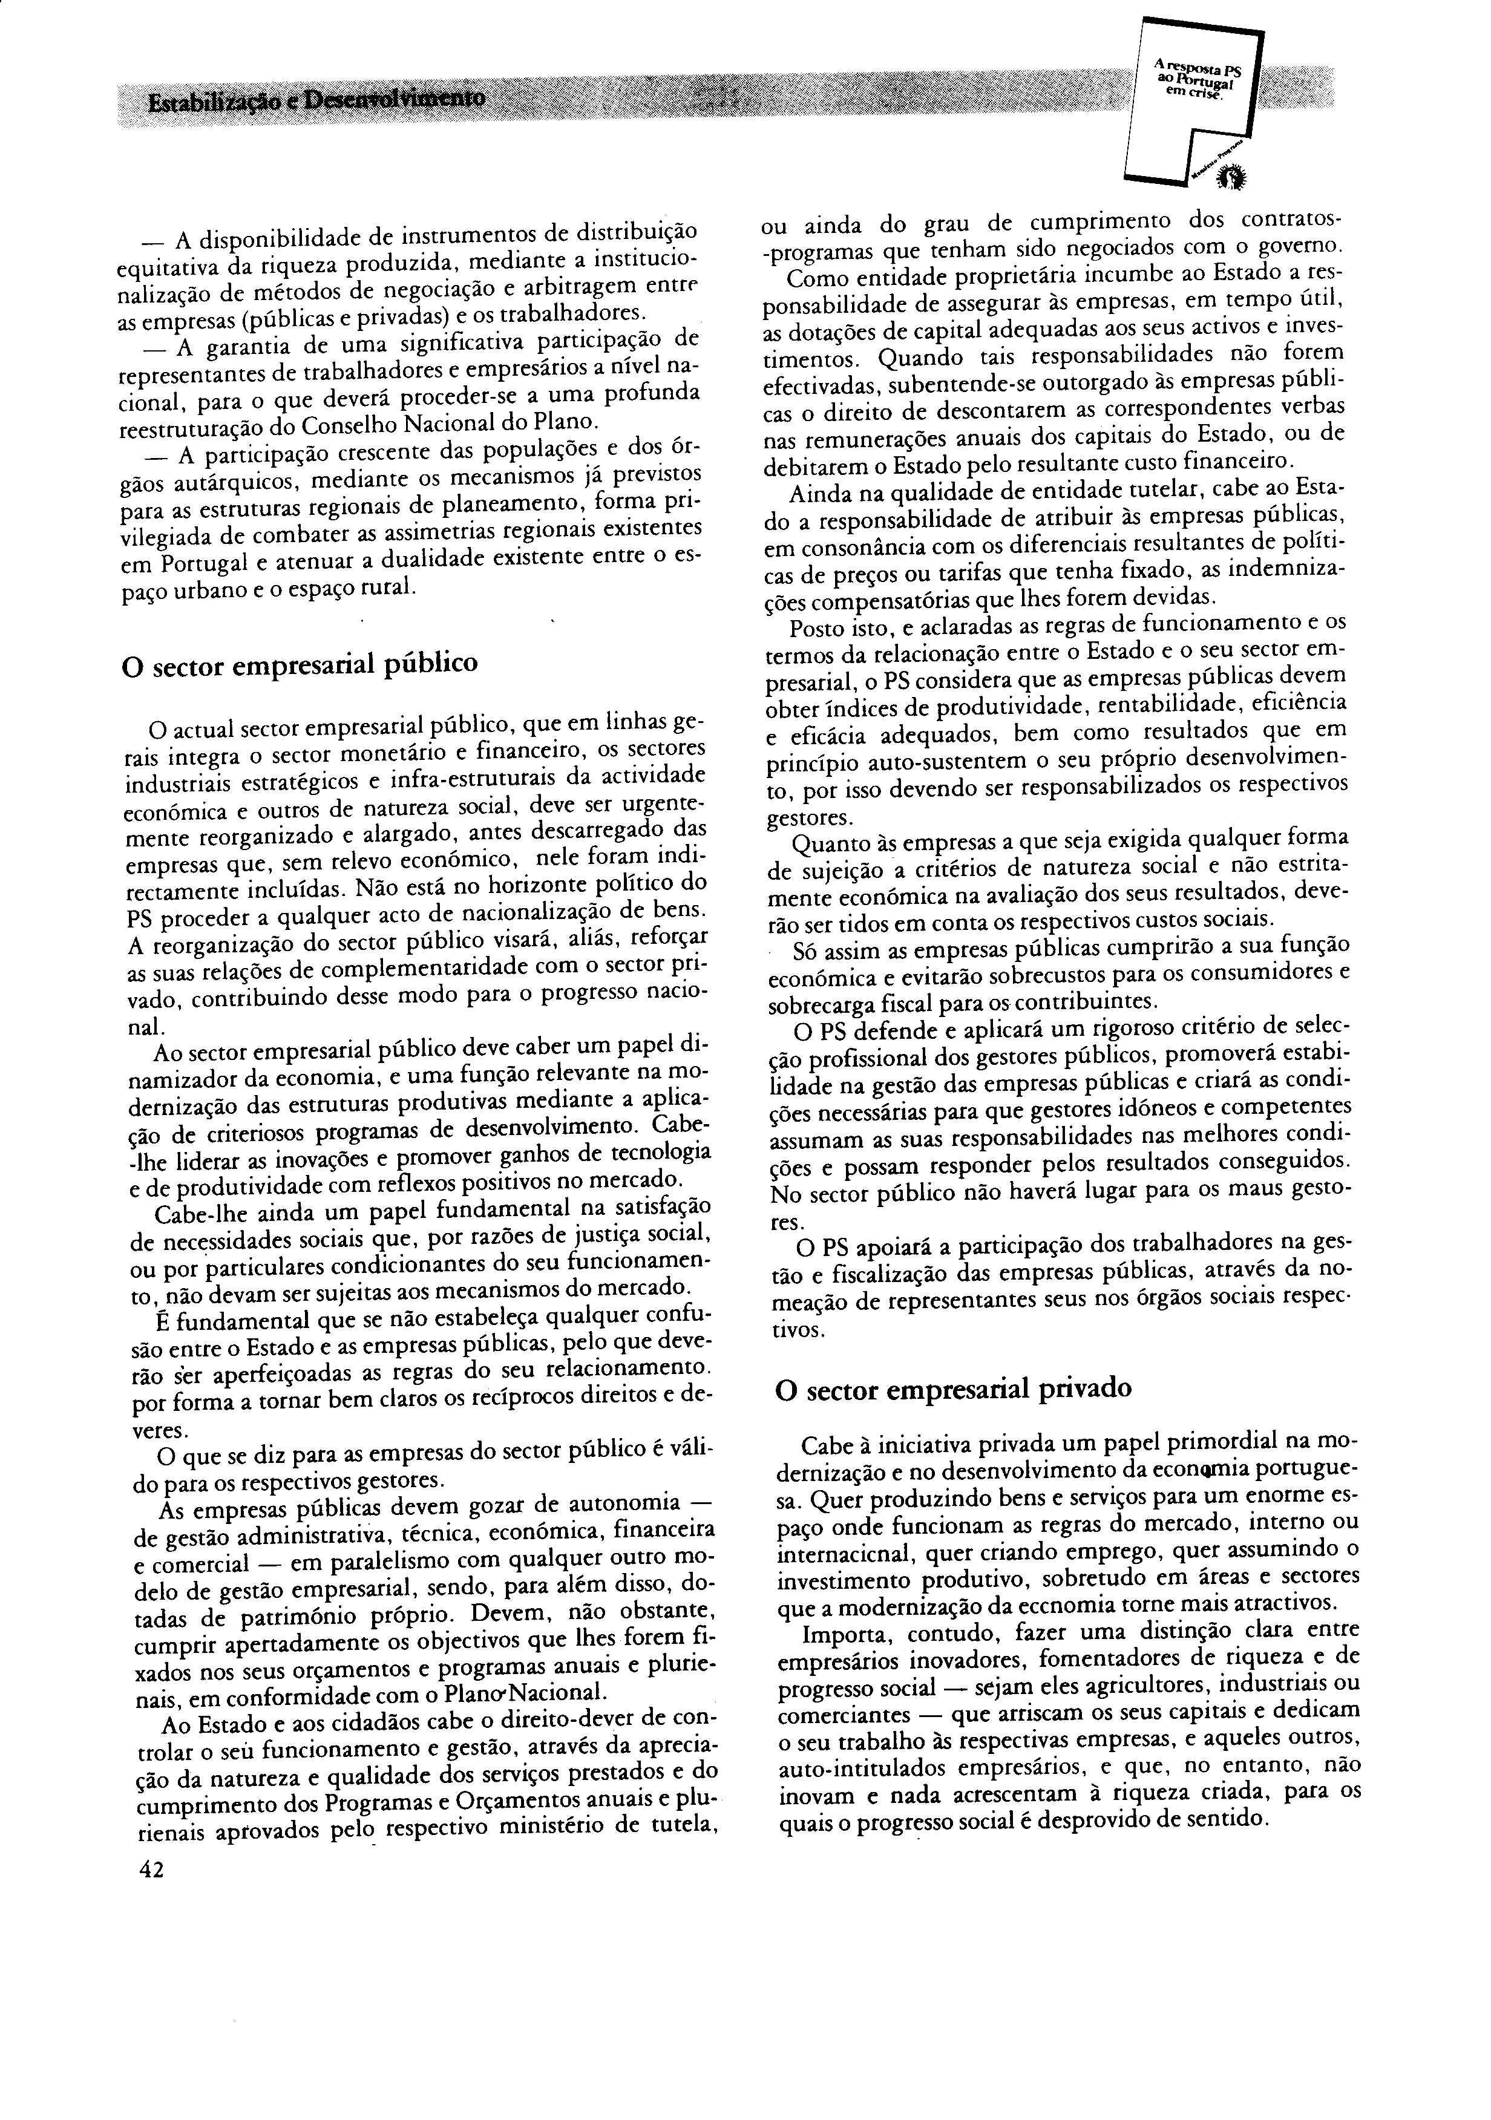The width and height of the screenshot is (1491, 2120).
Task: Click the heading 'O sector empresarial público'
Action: tap(300, 663)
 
